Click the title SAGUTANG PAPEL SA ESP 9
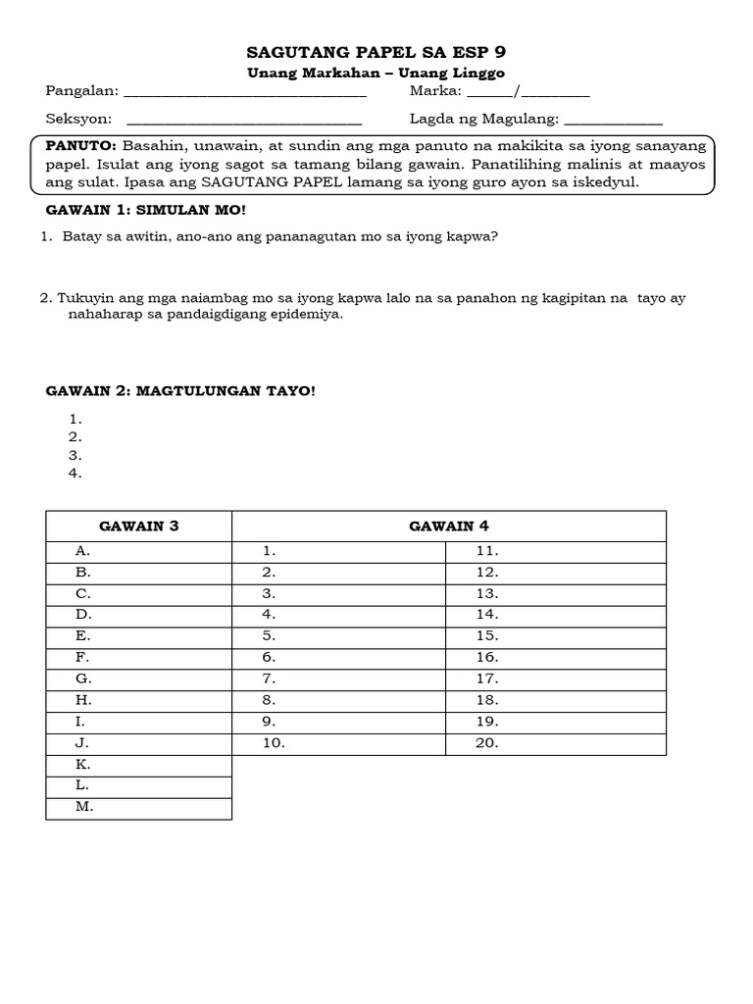tap(376, 53)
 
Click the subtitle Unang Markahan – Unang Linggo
tap(376, 74)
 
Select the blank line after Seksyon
tap(244, 122)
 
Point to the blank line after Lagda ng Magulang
tap(614, 122)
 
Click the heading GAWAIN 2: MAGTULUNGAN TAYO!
tap(181, 391)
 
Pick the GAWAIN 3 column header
tap(138, 527)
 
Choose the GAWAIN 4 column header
tap(448, 527)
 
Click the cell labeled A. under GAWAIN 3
tap(138, 551)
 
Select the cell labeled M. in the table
tap(138, 807)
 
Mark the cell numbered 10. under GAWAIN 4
tap(338, 743)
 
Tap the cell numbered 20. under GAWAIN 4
tap(555, 743)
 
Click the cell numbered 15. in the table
tap(555, 636)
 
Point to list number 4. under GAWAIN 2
tap(75, 474)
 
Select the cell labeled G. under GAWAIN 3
tap(138, 678)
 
